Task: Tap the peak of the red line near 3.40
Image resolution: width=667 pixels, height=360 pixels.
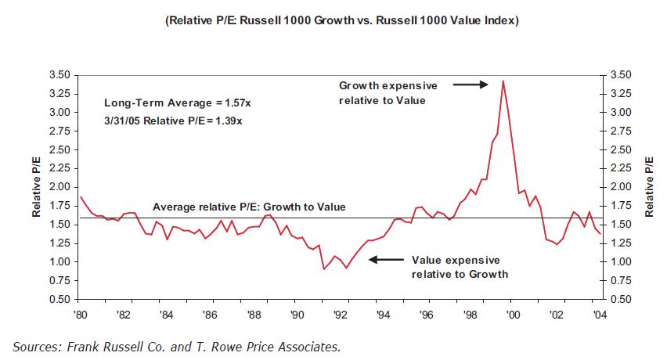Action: click(x=503, y=81)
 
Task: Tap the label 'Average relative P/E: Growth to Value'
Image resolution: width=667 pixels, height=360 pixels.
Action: click(x=249, y=207)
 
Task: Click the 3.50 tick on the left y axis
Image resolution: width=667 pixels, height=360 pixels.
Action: click(x=61, y=75)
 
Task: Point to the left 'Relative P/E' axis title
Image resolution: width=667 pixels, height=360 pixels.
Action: click(x=36, y=186)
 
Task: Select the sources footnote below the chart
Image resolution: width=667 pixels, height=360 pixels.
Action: click(x=177, y=345)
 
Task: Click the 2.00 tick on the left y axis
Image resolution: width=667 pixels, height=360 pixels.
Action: click(x=61, y=187)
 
